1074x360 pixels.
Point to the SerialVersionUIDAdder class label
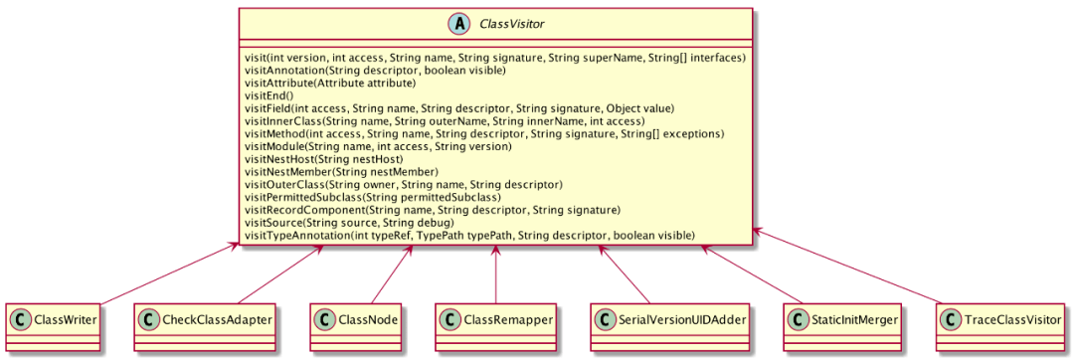coord(663,319)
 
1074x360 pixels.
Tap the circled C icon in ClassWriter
coord(21,319)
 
